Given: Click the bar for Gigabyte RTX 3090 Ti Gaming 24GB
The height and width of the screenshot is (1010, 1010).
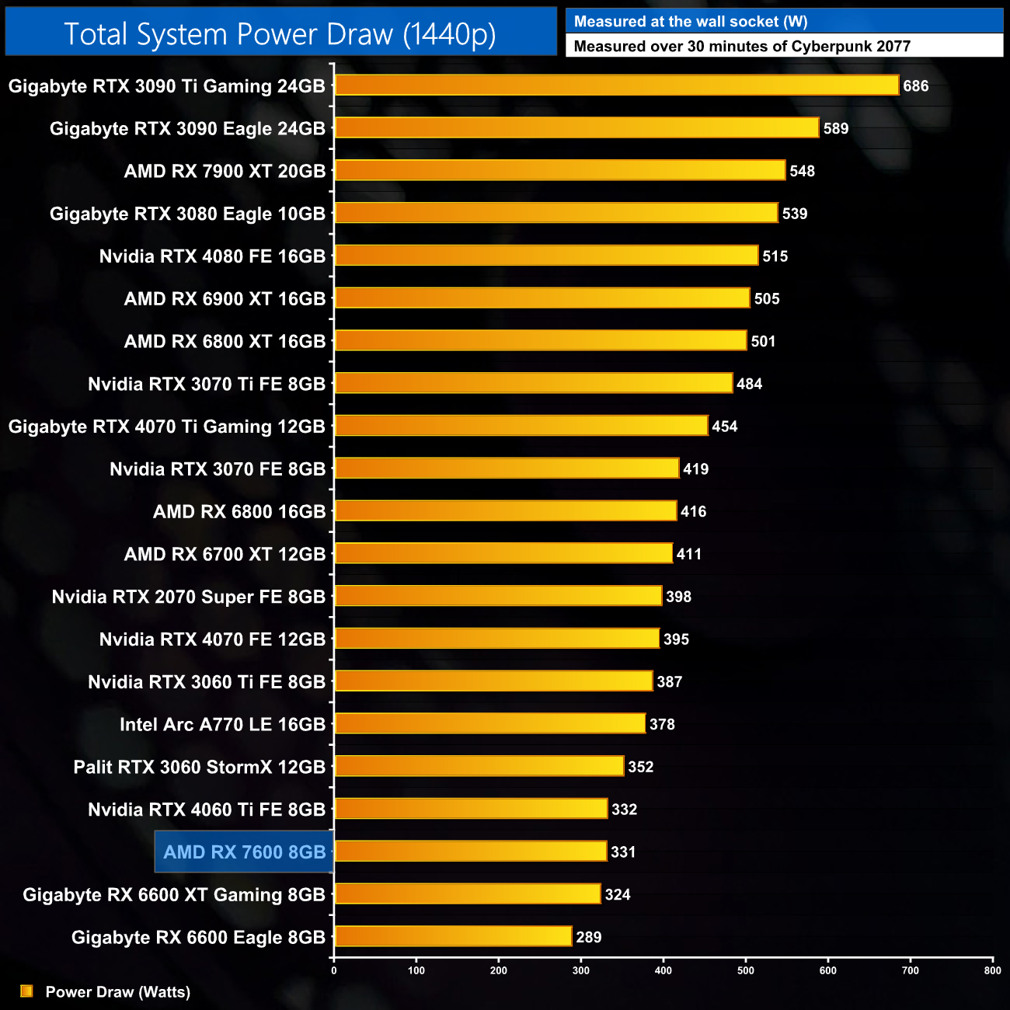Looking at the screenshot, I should [x=617, y=85].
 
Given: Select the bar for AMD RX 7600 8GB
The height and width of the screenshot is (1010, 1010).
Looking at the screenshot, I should [x=471, y=852].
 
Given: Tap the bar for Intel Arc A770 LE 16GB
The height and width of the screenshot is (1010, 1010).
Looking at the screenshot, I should [x=490, y=724].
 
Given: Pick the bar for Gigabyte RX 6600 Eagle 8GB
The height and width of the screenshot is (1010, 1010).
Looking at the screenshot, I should [x=454, y=937].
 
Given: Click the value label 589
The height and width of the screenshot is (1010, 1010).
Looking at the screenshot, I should [x=836, y=129].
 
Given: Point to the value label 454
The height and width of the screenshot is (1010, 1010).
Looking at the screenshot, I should [x=725, y=427].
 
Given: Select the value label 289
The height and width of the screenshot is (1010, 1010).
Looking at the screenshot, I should [x=589, y=937].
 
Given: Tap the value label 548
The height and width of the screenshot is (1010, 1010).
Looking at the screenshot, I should [x=803, y=172].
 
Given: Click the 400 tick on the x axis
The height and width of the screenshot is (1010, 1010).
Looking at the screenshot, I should [x=663, y=970].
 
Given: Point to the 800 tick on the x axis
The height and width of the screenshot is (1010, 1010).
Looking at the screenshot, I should [x=992, y=970].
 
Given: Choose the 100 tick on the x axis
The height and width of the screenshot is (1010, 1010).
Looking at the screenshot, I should [x=416, y=970].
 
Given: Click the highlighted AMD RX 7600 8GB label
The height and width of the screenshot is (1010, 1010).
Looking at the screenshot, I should [x=245, y=852].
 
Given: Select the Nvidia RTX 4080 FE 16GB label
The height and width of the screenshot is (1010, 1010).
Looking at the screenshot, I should [x=212, y=256].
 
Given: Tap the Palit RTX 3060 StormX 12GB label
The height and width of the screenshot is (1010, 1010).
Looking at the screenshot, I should [x=200, y=768].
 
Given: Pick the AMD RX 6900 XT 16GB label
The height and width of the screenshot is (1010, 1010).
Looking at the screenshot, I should [x=225, y=299].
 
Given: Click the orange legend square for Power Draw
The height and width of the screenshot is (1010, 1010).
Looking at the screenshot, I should [x=26, y=991].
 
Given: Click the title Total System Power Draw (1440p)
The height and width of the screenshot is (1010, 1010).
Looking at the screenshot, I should [x=280, y=34].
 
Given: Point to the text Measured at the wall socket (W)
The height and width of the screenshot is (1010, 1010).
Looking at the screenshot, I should [x=691, y=22].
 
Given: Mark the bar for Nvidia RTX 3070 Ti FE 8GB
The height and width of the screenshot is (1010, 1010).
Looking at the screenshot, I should [x=534, y=384].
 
